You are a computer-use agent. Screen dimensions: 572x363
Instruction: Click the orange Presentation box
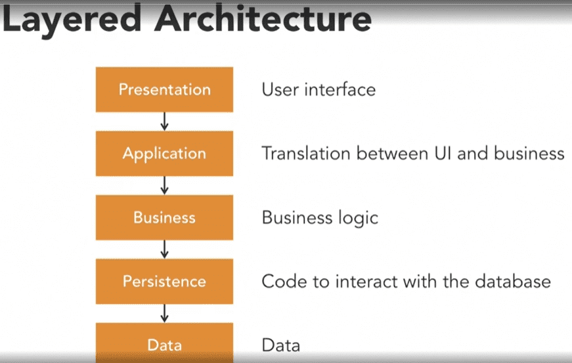click(165, 89)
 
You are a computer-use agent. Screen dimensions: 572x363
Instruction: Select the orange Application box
click(165, 154)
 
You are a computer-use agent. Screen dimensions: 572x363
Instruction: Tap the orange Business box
click(165, 217)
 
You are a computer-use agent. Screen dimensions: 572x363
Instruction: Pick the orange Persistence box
click(165, 282)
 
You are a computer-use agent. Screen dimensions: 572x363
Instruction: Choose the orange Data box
click(165, 343)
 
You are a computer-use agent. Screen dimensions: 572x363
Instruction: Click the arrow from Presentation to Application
click(165, 121)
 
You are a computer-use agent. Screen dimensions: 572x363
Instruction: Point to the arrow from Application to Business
click(165, 186)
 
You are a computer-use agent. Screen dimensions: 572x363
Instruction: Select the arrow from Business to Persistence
click(165, 249)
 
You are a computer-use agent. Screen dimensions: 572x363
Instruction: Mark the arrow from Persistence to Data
click(165, 313)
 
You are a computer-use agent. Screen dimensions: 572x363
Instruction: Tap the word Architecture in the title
click(263, 18)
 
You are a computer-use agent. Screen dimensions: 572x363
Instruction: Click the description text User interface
click(319, 90)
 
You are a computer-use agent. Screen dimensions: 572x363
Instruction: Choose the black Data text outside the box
click(281, 345)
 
